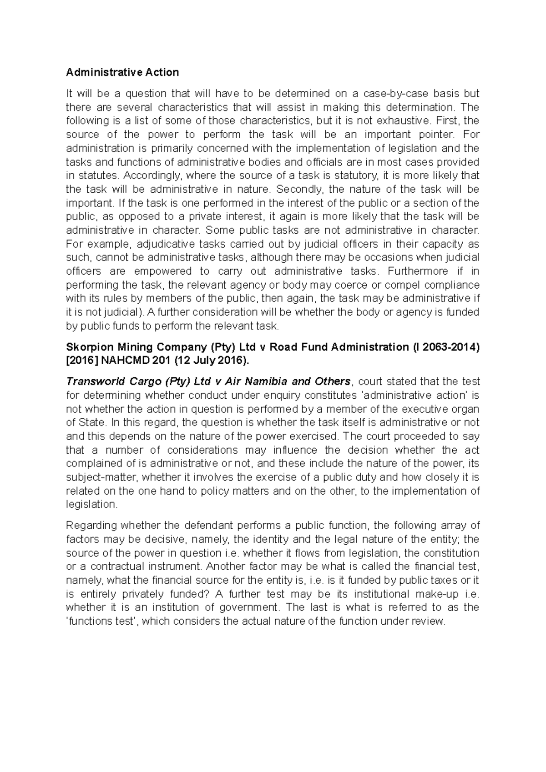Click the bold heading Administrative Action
tap(122, 72)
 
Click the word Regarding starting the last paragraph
tap(89, 526)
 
